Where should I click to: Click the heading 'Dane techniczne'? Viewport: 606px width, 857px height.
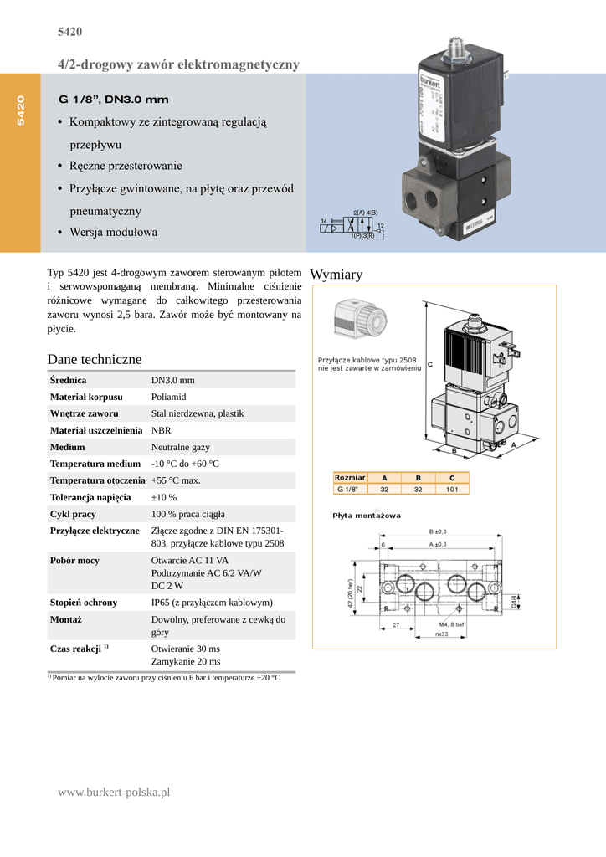click(x=95, y=359)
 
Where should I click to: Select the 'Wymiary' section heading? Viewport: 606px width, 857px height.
click(x=336, y=275)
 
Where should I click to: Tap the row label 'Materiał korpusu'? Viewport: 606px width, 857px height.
click(x=86, y=397)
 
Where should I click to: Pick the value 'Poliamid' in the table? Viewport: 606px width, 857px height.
click(x=168, y=397)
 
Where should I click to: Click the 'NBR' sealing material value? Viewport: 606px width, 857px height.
click(x=161, y=430)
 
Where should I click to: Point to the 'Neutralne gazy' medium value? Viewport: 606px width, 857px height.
click(x=181, y=447)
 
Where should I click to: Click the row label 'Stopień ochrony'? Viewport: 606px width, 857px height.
click(x=84, y=603)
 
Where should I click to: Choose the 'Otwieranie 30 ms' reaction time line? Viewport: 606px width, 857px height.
click(x=185, y=649)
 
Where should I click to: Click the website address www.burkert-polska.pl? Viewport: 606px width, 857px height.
click(x=114, y=792)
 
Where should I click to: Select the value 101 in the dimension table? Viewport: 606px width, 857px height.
click(x=452, y=489)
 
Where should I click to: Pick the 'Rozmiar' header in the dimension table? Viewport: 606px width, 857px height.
click(x=350, y=478)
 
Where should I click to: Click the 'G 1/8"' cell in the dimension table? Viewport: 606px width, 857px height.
click(x=348, y=489)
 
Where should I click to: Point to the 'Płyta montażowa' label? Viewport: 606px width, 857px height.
click(x=367, y=516)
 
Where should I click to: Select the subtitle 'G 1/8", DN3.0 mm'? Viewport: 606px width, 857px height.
click(x=113, y=100)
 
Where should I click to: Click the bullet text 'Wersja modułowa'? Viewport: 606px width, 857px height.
click(x=113, y=232)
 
